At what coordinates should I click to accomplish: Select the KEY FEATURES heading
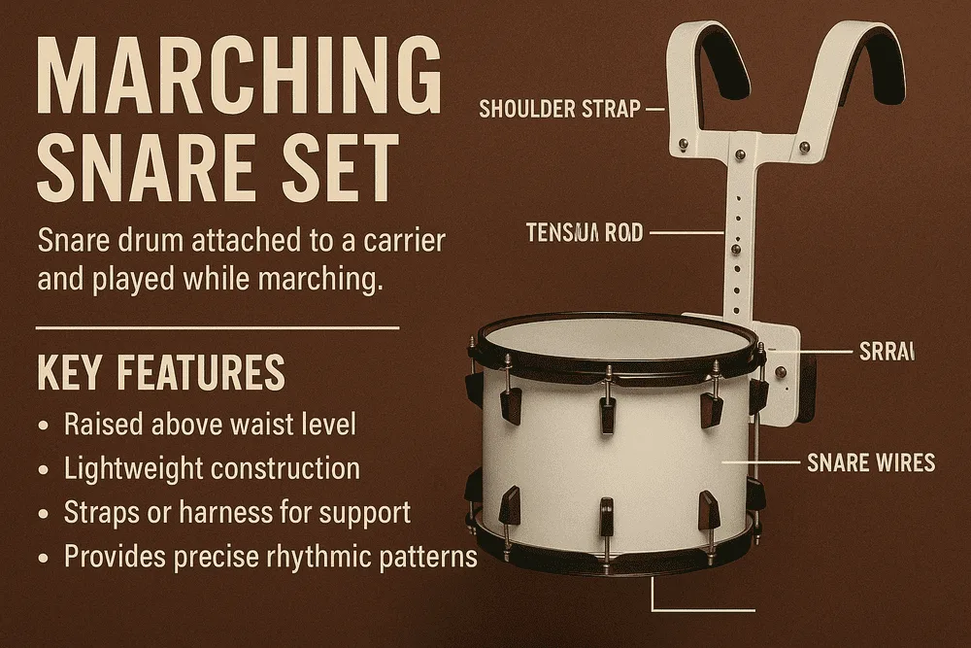click(161, 373)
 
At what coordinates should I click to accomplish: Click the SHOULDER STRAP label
click(560, 109)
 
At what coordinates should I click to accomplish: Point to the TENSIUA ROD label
click(584, 233)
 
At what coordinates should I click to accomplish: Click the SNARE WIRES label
click(871, 462)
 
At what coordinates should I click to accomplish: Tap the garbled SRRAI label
click(887, 352)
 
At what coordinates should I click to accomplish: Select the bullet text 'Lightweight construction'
click(212, 468)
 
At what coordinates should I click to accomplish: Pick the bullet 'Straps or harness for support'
click(237, 512)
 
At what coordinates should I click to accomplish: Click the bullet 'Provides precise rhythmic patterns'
click(270, 557)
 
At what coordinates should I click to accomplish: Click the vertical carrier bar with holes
click(737, 243)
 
